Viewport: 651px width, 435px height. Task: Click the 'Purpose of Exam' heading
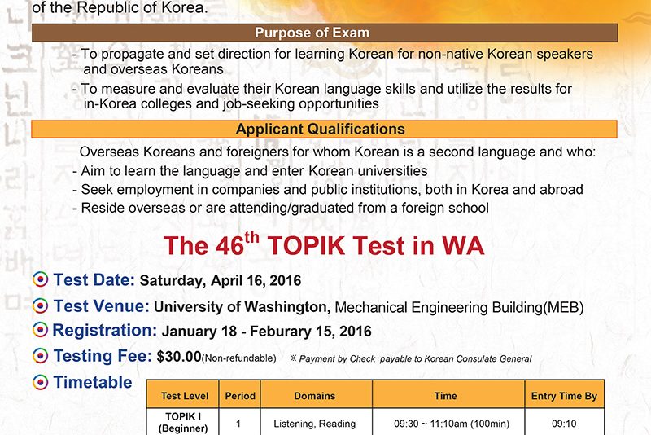(x=312, y=33)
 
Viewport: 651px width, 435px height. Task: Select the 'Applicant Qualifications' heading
(x=320, y=129)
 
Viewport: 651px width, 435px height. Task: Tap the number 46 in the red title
(x=229, y=245)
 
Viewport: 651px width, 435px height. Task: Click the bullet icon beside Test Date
(x=40, y=279)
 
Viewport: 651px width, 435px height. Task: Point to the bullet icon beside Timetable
(x=40, y=382)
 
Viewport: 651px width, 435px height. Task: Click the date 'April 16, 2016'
(x=256, y=280)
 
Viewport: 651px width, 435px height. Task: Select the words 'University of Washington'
(x=242, y=307)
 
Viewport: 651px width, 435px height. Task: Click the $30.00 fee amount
(x=179, y=357)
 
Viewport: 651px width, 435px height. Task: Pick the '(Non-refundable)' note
(x=238, y=358)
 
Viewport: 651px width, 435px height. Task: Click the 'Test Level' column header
(x=185, y=396)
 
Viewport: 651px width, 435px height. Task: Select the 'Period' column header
(x=240, y=396)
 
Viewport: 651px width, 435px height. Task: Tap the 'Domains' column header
(x=315, y=396)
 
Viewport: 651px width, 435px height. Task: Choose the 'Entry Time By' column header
(x=564, y=396)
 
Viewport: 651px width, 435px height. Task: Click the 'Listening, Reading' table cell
(x=315, y=424)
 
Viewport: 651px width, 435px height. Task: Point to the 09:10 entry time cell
(x=564, y=424)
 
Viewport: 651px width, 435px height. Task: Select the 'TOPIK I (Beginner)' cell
(x=183, y=423)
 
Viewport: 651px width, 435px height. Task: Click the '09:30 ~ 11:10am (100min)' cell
(x=452, y=424)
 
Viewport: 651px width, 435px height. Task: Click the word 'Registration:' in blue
(x=105, y=330)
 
